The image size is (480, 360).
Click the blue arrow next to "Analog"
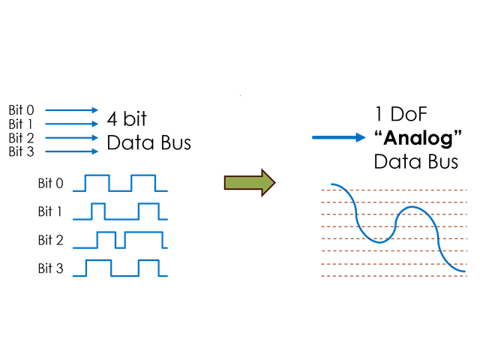[338, 137]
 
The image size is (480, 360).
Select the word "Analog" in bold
[416, 138]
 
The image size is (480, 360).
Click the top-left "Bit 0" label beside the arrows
[21, 110]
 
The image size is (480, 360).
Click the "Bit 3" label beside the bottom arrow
[21, 151]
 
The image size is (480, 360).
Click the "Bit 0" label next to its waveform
[50, 183]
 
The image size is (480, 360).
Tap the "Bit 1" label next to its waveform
[50, 211]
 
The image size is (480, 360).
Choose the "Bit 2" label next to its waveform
[50, 240]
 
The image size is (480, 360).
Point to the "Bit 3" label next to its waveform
[50, 268]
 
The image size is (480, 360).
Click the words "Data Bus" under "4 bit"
[148, 142]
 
